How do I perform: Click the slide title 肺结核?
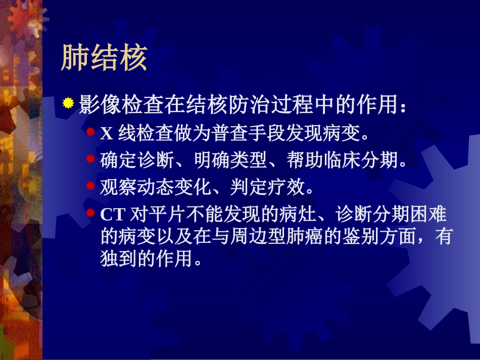105,57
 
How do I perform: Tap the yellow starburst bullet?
68,103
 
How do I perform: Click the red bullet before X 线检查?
90,132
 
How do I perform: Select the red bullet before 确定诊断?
90,159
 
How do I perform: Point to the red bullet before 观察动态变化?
90,186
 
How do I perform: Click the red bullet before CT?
90,212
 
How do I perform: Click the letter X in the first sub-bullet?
107,134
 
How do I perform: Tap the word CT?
113,215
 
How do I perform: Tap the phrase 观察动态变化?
156,187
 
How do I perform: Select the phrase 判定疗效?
267,187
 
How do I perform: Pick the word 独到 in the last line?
119,259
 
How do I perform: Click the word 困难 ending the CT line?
427,214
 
